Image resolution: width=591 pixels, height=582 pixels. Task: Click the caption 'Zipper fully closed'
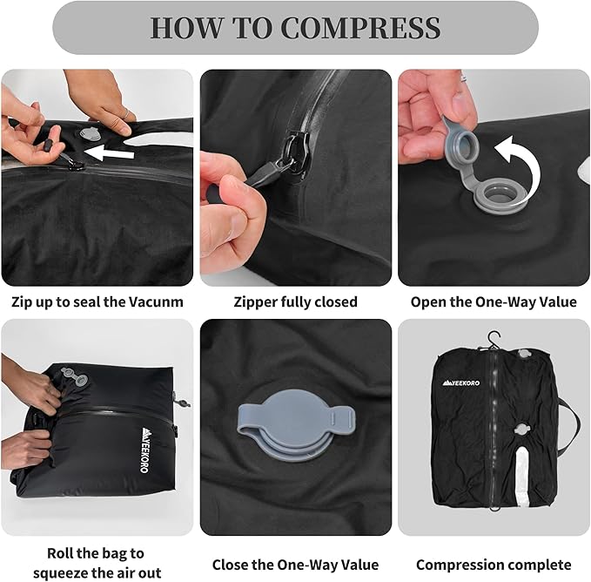295,302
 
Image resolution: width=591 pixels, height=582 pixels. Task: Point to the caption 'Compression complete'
494,565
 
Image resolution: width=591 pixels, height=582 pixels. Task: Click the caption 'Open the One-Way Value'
494,302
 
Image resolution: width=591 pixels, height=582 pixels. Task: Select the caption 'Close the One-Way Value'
295,565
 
